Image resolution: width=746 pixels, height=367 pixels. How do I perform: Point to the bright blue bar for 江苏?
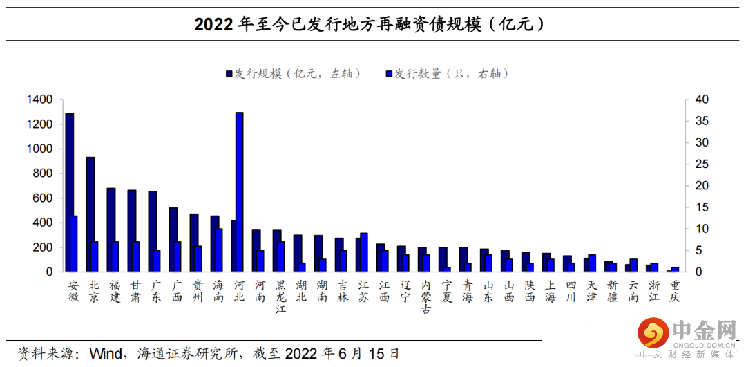tap(364, 252)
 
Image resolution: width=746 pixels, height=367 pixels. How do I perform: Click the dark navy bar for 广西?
tap(173, 239)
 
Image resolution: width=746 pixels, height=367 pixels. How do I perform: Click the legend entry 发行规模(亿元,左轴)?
tap(293, 74)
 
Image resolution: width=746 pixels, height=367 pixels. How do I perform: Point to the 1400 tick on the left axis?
tap(39, 100)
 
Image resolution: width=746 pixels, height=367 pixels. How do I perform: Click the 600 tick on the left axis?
tap(44, 198)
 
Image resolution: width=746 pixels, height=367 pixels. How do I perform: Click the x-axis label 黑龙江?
tap(280, 297)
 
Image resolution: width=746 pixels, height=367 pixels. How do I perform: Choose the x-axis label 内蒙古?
tap(425, 297)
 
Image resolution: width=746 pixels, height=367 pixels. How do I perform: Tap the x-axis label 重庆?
tap(675, 291)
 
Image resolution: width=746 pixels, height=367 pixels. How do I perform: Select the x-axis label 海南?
tap(218, 291)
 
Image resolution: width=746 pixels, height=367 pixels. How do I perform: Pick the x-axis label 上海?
tap(550, 291)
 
